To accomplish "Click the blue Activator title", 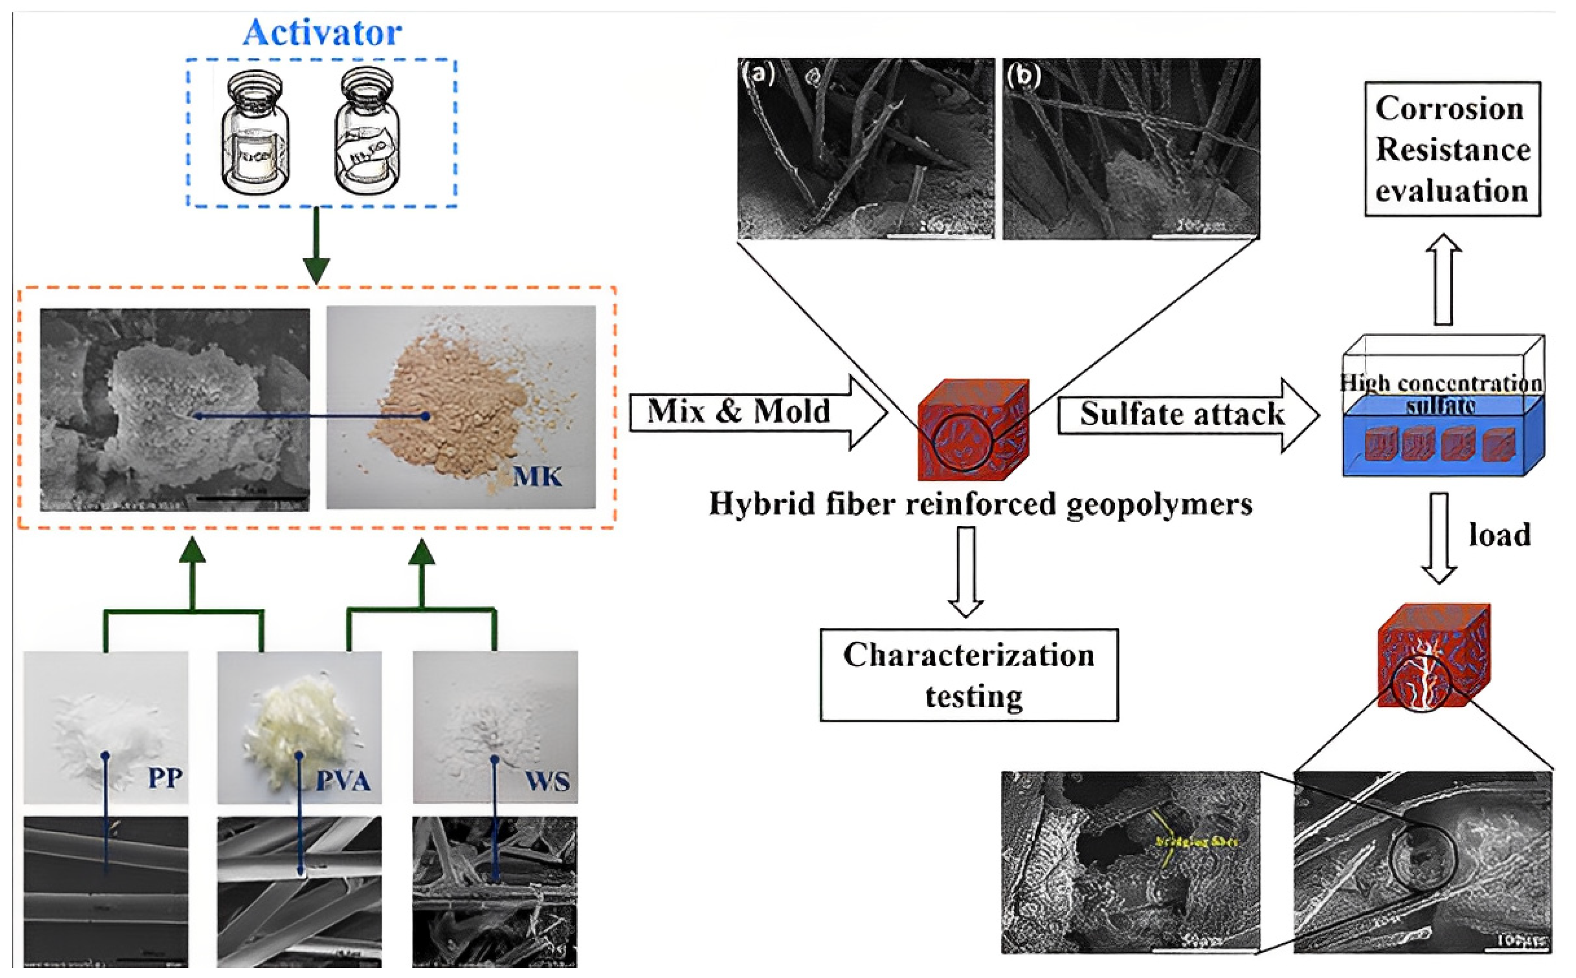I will [322, 32].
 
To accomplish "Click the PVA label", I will [343, 781].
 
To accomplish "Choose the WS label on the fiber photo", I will [547, 781].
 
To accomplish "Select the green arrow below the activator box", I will [316, 246].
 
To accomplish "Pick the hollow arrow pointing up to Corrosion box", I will [1443, 278].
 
